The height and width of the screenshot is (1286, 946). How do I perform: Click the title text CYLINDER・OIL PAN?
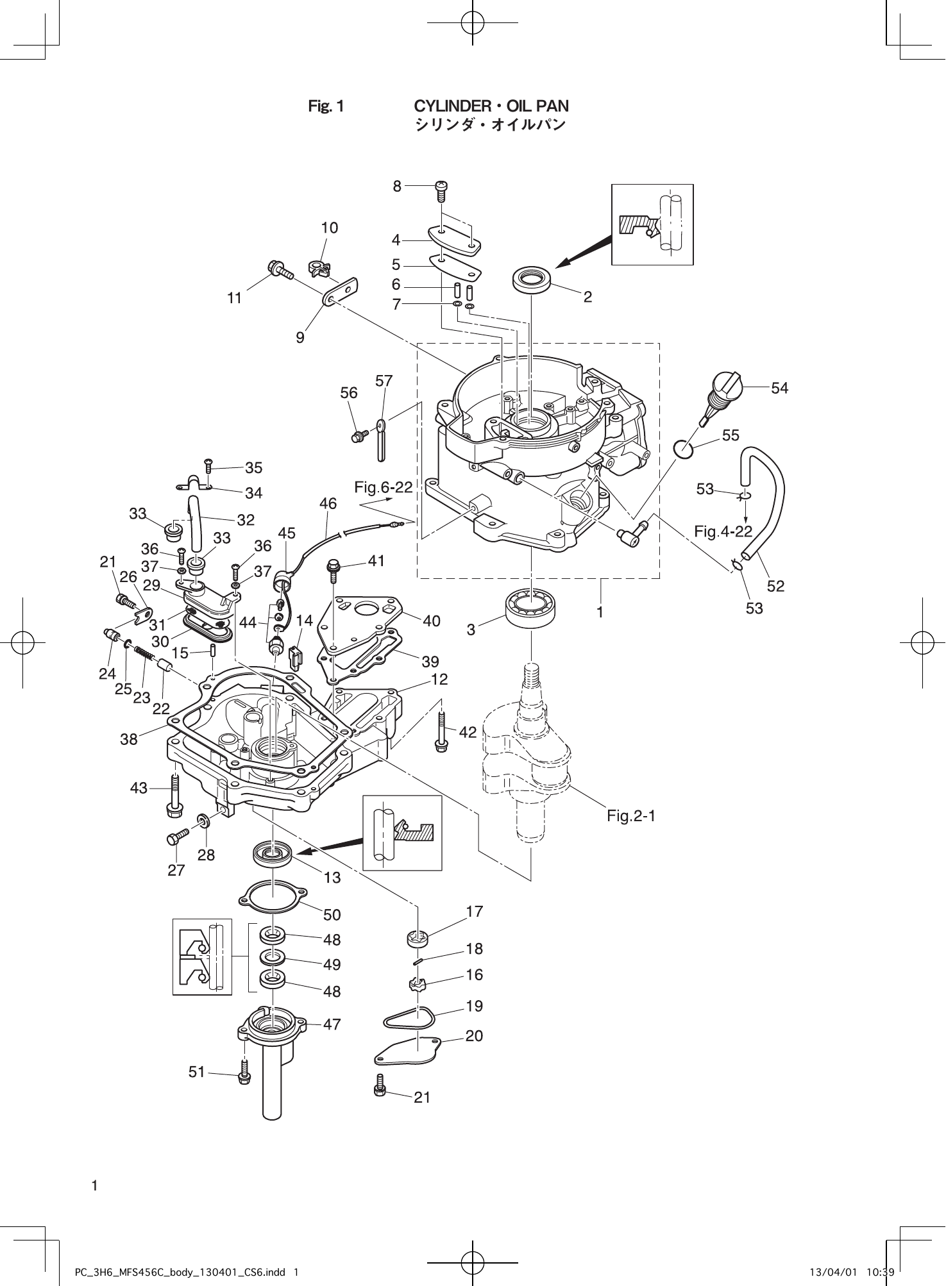pos(491,106)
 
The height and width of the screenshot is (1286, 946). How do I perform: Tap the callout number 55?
pos(731,435)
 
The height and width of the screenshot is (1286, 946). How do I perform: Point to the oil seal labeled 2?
pos(532,280)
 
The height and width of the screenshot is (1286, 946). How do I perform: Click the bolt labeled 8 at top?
pos(442,187)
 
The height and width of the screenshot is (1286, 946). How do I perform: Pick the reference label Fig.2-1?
pos(631,815)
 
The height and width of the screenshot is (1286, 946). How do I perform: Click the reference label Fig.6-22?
pos(383,488)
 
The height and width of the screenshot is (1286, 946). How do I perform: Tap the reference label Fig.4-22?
pos(723,531)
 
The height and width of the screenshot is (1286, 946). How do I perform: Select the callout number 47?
pos(332,1024)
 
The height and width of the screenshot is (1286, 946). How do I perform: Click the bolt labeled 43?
pos(174,796)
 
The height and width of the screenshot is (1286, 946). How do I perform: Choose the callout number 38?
pos(129,739)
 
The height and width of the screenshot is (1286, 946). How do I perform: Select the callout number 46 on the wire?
pos(328,504)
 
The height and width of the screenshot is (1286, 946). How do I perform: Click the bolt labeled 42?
pos(442,731)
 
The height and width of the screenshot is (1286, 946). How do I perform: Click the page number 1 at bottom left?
pos(94,1185)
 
